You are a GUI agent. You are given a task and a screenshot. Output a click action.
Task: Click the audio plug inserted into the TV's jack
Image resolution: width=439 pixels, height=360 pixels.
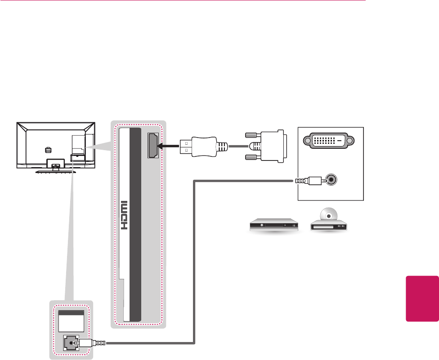pos(92,343)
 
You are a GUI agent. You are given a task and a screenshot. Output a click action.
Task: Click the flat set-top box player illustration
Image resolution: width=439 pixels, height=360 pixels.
pos(273,225)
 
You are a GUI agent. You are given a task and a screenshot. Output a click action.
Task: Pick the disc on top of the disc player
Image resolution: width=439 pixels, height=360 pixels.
pos(330,215)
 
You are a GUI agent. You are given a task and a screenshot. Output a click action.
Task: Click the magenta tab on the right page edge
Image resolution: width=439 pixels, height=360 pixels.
pos(422,299)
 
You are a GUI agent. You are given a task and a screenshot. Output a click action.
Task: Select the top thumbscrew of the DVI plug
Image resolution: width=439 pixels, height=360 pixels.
pos(251,134)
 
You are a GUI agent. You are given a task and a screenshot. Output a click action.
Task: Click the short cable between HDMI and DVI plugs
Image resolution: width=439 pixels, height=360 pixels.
pos(238,146)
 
